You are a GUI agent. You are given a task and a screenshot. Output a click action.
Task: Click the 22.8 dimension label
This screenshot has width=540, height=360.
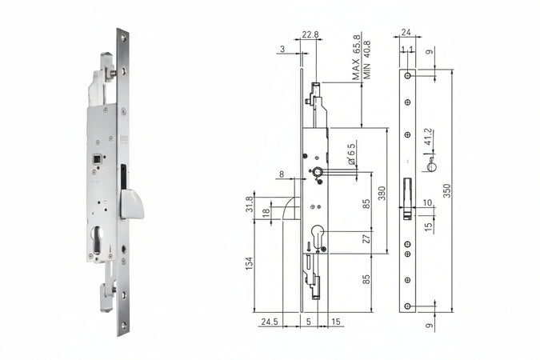[310, 34]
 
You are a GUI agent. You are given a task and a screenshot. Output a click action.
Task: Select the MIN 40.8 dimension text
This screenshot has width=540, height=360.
[367, 61]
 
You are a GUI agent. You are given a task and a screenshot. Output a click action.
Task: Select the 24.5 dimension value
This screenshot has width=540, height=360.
[268, 323]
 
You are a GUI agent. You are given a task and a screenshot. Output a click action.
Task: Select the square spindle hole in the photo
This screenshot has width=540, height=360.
[98, 159]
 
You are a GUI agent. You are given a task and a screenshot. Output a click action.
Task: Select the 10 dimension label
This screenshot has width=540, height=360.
[427, 202]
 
